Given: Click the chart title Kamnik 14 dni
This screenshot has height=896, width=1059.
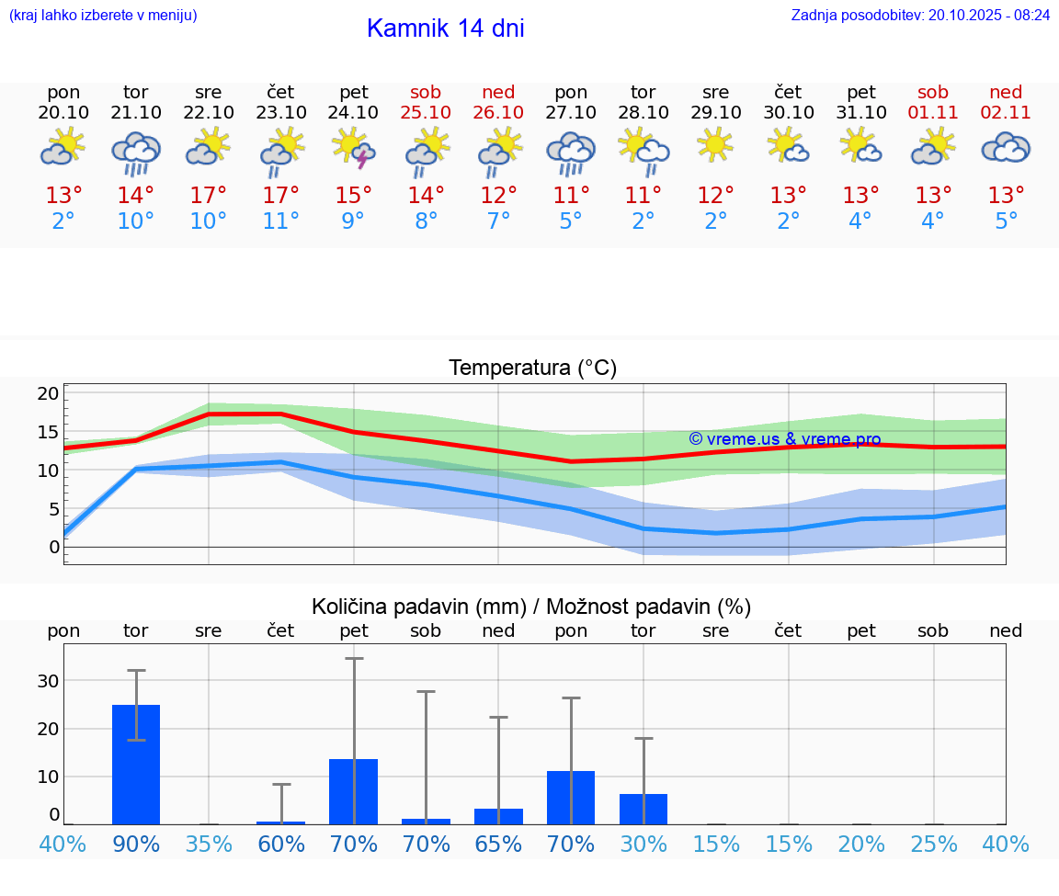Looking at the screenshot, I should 445,28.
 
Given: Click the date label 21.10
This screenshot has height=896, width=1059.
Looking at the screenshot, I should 136,113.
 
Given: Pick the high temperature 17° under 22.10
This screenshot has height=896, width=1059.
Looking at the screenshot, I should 209,196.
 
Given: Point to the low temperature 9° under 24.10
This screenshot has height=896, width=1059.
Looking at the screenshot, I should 354,221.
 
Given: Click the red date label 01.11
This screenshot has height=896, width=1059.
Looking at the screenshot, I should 933,113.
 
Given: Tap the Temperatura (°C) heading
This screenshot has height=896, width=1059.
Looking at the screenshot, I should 532,369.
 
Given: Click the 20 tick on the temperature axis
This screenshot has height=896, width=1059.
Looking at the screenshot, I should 48,393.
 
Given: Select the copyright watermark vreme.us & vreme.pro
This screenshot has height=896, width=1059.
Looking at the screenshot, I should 784,439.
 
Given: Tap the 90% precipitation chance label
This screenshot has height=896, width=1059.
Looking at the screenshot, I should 136,844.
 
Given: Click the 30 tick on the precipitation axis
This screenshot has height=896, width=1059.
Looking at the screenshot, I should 48,681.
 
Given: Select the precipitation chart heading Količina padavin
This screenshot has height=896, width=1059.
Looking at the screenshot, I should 531,607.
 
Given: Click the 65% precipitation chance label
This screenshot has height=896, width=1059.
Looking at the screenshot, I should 498,844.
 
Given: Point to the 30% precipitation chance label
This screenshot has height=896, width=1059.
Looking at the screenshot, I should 643,844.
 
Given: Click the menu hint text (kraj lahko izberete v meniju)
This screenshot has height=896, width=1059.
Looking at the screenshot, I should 103,15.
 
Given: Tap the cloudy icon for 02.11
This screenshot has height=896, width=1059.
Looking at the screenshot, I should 1006,148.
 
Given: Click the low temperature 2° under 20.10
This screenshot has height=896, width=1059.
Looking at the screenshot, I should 63,221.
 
